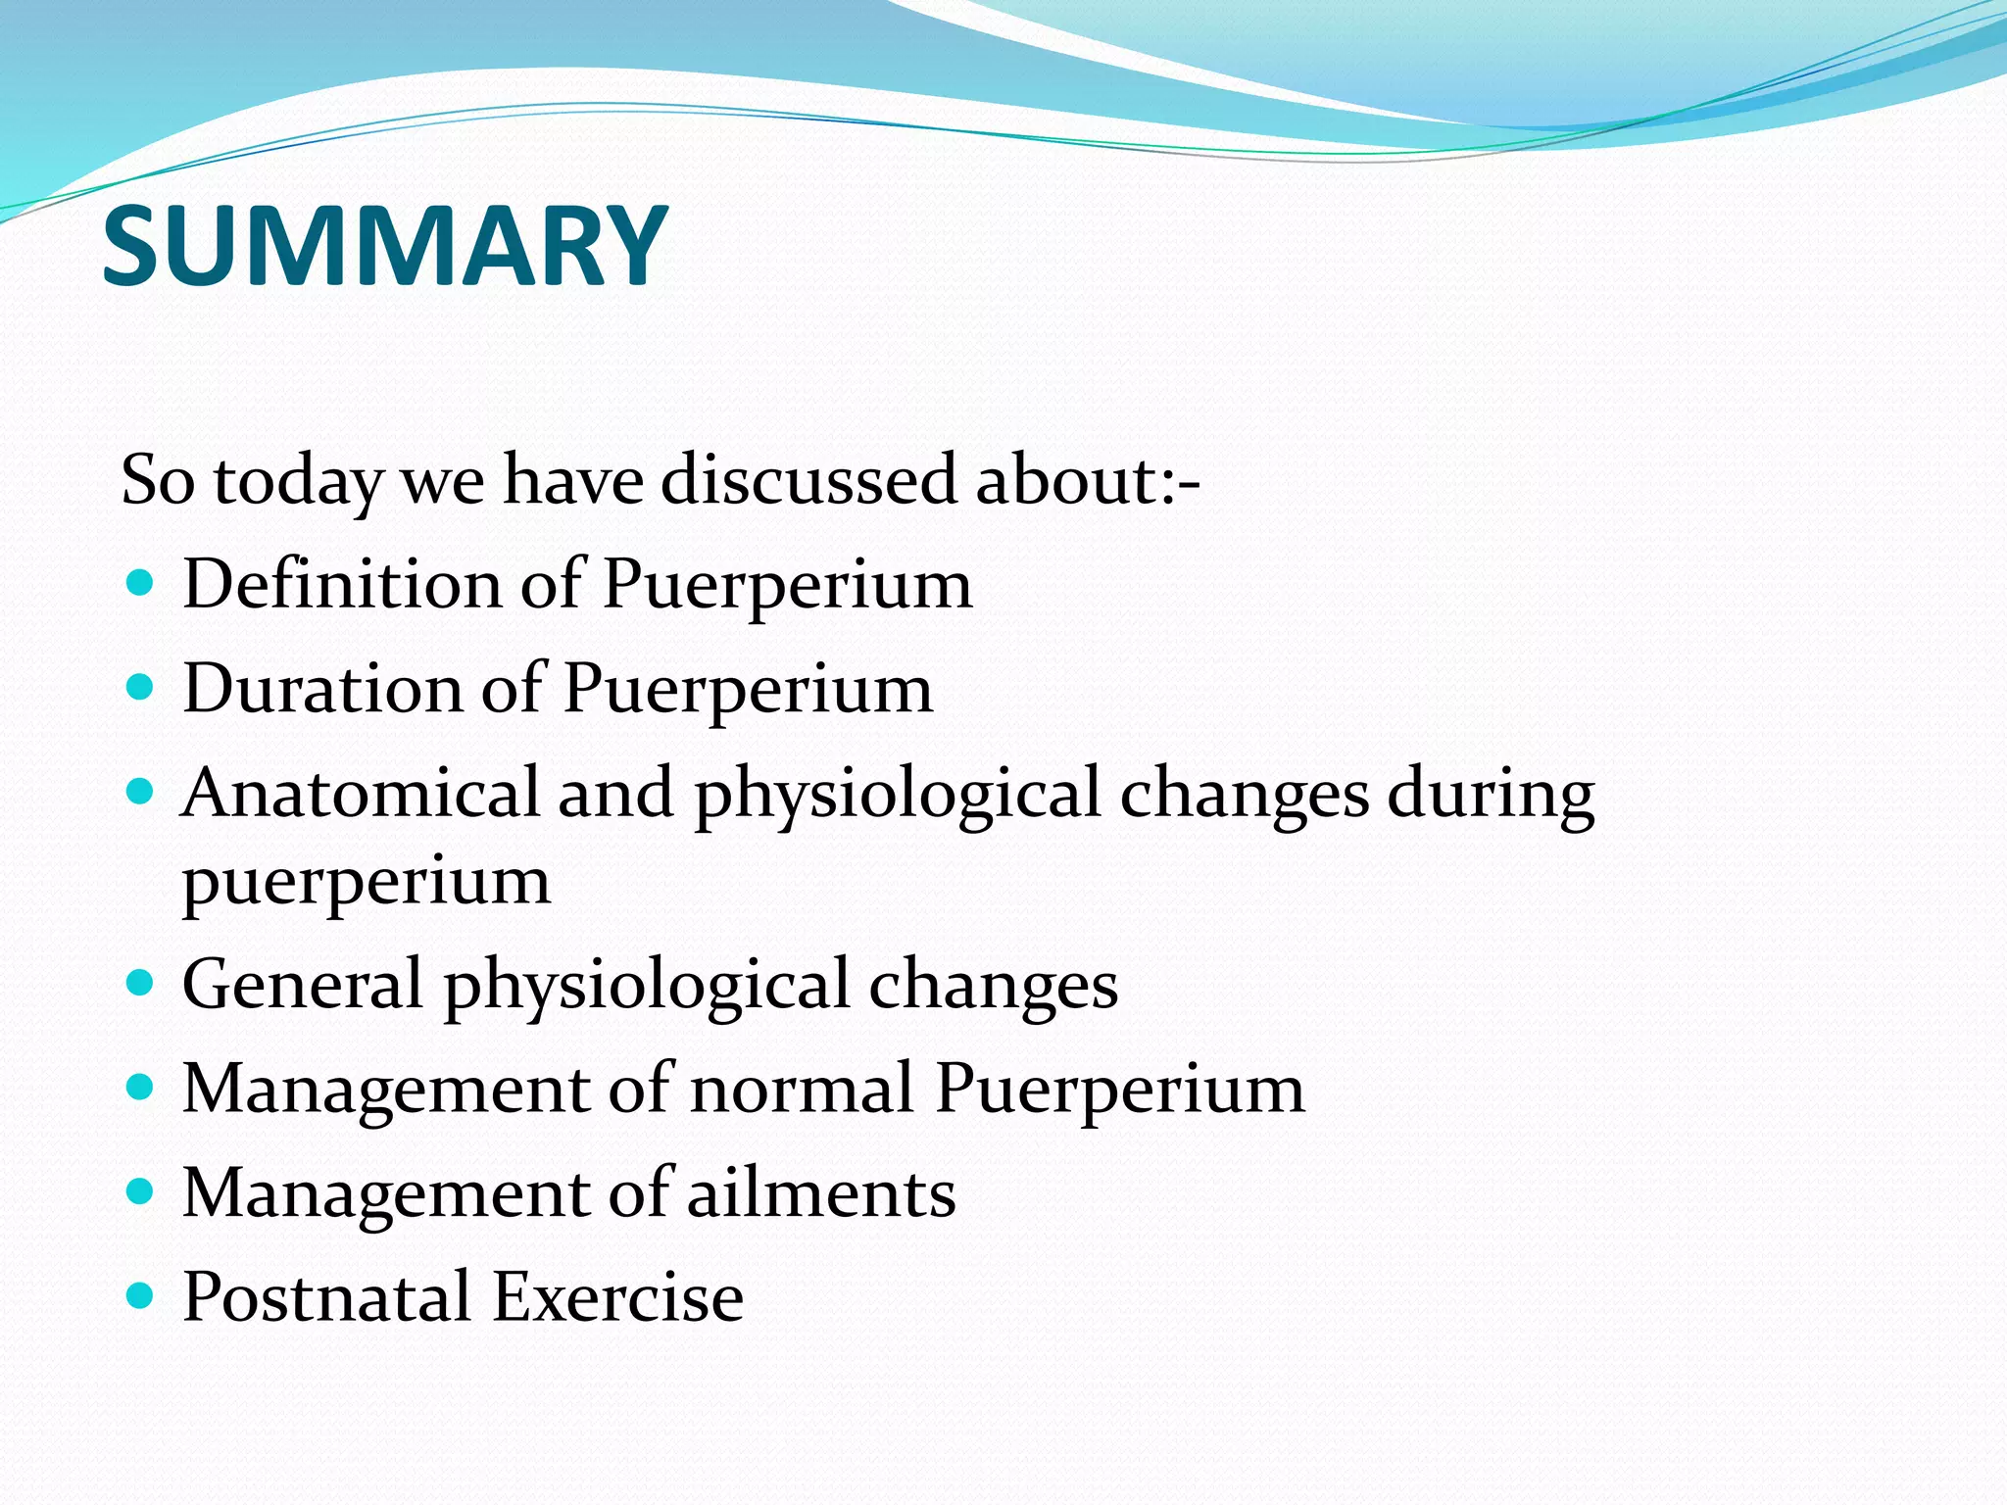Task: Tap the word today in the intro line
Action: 298,482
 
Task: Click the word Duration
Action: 320,688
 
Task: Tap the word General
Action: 302,984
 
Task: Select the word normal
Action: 801,1089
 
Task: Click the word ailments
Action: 820,1193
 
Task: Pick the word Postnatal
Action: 326,1296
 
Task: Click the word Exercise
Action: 617,1296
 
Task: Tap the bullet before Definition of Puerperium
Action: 141,585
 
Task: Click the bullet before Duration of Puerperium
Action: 141,688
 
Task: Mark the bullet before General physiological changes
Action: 141,984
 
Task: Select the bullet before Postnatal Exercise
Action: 141,1297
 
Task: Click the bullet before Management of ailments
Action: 141,1192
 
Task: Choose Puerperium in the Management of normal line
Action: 1119,1089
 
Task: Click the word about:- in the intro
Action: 1087,480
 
